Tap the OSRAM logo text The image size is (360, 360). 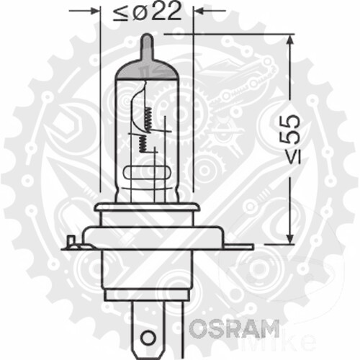click(234, 329)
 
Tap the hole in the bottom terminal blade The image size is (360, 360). click(147, 337)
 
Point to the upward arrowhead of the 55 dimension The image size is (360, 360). click(291, 40)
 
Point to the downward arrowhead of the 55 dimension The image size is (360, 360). click(291, 238)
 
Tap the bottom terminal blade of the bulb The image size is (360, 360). click(147, 328)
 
